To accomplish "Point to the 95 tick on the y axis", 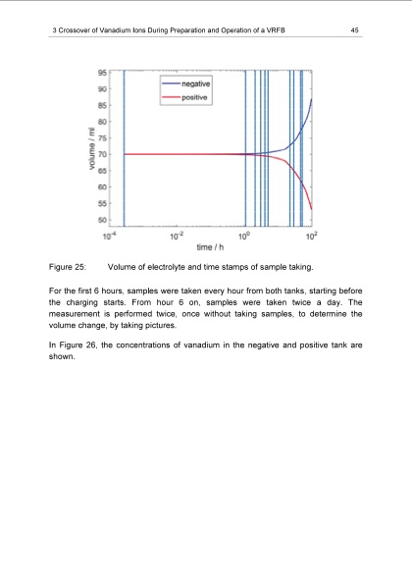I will (102, 72).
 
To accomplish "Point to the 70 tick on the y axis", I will (102, 154).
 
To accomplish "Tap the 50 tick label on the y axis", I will (102, 221).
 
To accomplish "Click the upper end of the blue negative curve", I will (312, 99).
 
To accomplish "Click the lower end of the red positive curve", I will (312, 209).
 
